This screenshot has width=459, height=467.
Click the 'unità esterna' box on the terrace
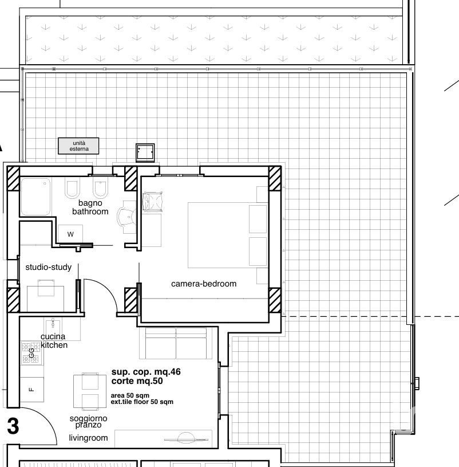point(78,146)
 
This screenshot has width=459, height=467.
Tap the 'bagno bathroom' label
point(90,207)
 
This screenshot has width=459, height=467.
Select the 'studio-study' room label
point(49,267)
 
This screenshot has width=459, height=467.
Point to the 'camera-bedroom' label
point(204,284)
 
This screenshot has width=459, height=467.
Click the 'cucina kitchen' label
point(54,341)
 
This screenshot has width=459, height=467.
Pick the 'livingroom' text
point(88,438)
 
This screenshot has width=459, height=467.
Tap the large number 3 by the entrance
point(13,426)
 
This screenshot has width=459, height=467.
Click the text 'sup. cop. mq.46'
point(146,372)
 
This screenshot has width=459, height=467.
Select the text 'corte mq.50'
point(137,381)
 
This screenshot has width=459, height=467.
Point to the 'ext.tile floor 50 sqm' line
point(142,402)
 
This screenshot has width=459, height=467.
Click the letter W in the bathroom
point(70,234)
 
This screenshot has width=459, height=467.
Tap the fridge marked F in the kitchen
point(32,389)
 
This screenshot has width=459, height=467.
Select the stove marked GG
point(31,354)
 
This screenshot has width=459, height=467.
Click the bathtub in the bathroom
point(35,197)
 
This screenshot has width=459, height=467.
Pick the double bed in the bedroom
point(228,236)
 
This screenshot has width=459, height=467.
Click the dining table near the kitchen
point(90,391)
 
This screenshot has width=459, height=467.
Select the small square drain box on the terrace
point(145,153)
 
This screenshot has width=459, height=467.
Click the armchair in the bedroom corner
point(153,202)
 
